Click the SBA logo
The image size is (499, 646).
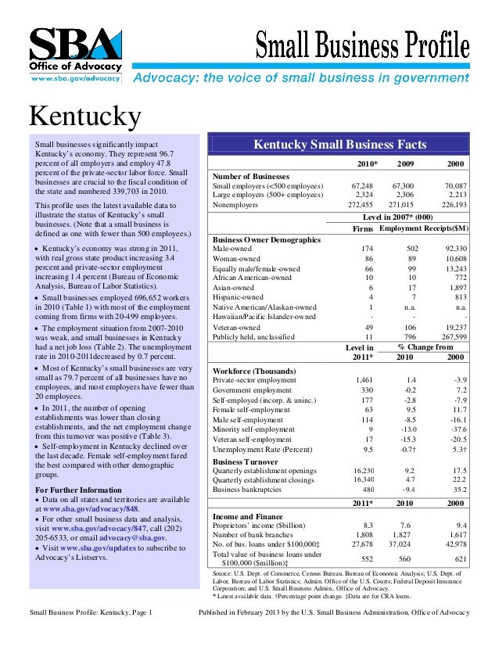point(75,50)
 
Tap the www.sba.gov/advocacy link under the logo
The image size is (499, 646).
point(75,78)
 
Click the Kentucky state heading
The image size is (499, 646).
point(85,117)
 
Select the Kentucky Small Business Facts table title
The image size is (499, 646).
point(340,145)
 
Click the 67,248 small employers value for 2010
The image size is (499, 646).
point(361,186)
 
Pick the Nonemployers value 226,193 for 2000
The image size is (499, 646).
point(451,204)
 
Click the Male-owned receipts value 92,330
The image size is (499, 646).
point(451,248)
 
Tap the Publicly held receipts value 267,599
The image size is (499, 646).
point(450,336)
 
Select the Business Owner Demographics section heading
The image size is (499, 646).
point(267,239)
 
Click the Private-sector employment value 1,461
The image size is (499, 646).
point(361,379)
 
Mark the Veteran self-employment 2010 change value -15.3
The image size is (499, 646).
point(405,440)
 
